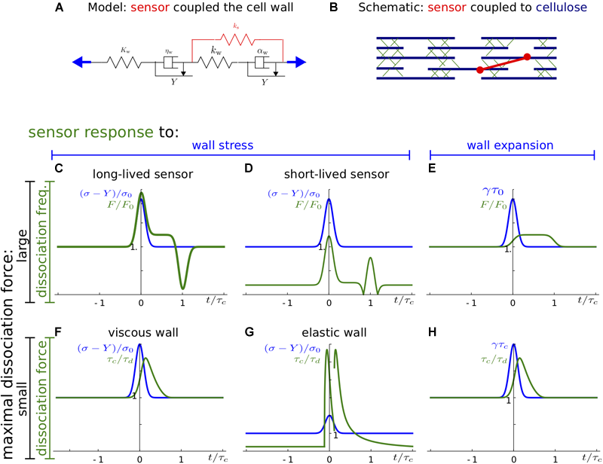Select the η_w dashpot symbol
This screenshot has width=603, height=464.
coord(170,63)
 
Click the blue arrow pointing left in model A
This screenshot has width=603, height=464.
coord(82,63)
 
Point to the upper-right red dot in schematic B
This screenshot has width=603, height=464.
coord(526,56)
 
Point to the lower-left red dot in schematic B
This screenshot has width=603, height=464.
coord(479,70)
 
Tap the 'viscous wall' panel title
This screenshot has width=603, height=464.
coord(141,328)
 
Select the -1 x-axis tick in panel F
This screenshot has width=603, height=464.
coord(98,456)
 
